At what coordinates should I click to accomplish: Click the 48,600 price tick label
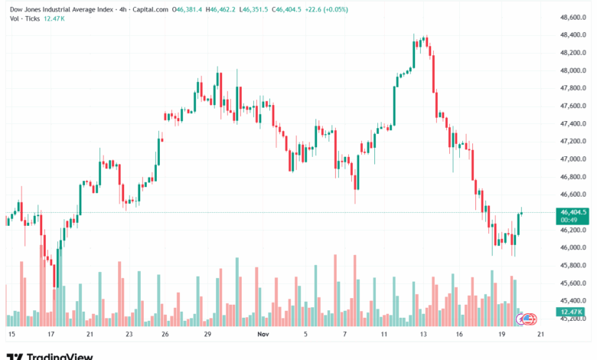coord(574,18)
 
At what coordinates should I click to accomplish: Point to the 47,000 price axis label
coord(574,159)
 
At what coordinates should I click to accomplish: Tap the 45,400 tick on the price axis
coord(574,301)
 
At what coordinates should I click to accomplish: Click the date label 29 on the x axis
coord(207,335)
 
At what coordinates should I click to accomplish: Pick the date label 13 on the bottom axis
coord(422,335)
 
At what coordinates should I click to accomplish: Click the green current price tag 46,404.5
coord(573,212)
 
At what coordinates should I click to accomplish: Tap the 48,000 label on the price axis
coord(574,70)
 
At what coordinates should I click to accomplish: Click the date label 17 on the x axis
coord(51,335)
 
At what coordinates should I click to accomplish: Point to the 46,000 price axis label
coord(574,247)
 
